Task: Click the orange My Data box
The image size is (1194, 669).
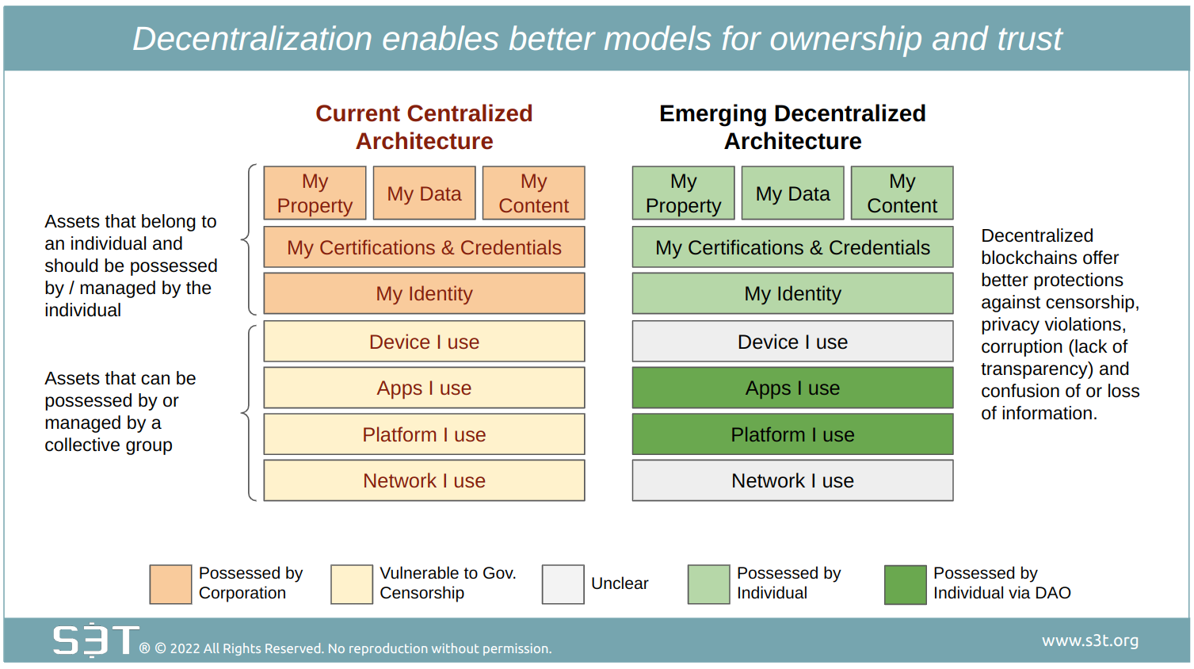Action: click(x=425, y=193)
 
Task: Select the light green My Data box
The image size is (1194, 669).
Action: click(x=792, y=193)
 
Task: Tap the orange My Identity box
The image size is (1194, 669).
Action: click(x=425, y=293)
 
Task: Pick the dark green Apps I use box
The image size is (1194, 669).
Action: click(x=792, y=388)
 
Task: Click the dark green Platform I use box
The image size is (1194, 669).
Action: click(x=792, y=434)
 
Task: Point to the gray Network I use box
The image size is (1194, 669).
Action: click(x=792, y=480)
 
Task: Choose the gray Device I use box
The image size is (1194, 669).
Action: click(x=792, y=341)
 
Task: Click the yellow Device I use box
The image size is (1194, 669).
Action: click(x=425, y=341)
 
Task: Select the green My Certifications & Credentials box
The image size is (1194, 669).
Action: click(x=792, y=247)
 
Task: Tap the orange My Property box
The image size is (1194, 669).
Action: click(x=315, y=193)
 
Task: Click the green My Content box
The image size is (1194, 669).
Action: click(x=902, y=193)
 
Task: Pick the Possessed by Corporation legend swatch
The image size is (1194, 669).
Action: click(x=170, y=584)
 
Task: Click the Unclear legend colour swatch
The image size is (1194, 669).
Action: click(x=563, y=584)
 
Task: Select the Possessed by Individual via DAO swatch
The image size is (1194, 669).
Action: click(x=905, y=584)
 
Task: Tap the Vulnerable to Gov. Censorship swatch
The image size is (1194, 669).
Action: click(x=351, y=584)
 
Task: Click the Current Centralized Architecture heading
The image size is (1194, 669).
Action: click(x=425, y=128)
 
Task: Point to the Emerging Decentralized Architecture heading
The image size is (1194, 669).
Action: click(x=792, y=128)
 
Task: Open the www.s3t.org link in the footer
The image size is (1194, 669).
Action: click(x=1090, y=640)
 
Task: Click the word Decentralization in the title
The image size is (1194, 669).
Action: click(x=252, y=38)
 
